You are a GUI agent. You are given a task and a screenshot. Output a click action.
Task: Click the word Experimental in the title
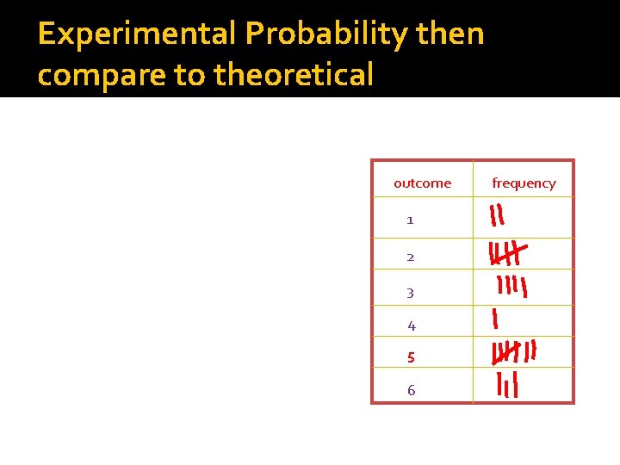coord(137,34)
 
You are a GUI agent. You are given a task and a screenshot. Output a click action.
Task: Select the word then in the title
coord(450,34)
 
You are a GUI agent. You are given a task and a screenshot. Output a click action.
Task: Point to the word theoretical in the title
coord(294,75)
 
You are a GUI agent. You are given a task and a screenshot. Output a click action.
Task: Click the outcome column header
coord(422,183)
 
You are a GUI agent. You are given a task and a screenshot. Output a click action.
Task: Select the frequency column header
coord(524,183)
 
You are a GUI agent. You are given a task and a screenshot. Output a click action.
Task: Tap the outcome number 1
coord(410,220)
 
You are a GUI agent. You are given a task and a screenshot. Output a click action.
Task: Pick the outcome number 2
coord(410,257)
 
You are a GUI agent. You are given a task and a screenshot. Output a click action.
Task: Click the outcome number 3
coord(410,293)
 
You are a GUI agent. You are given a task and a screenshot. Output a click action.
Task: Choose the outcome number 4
coord(411,325)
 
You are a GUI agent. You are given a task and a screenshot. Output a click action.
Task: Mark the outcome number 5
coord(411,357)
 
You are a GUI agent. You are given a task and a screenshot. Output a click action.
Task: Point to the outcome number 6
coord(411,390)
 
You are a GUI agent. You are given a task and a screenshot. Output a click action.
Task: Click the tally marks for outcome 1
coord(497,215)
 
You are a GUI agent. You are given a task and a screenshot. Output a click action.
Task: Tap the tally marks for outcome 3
coord(511,287)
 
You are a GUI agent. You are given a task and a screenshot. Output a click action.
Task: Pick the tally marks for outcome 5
coord(513,352)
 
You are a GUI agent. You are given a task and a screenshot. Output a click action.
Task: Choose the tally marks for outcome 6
coord(507,386)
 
